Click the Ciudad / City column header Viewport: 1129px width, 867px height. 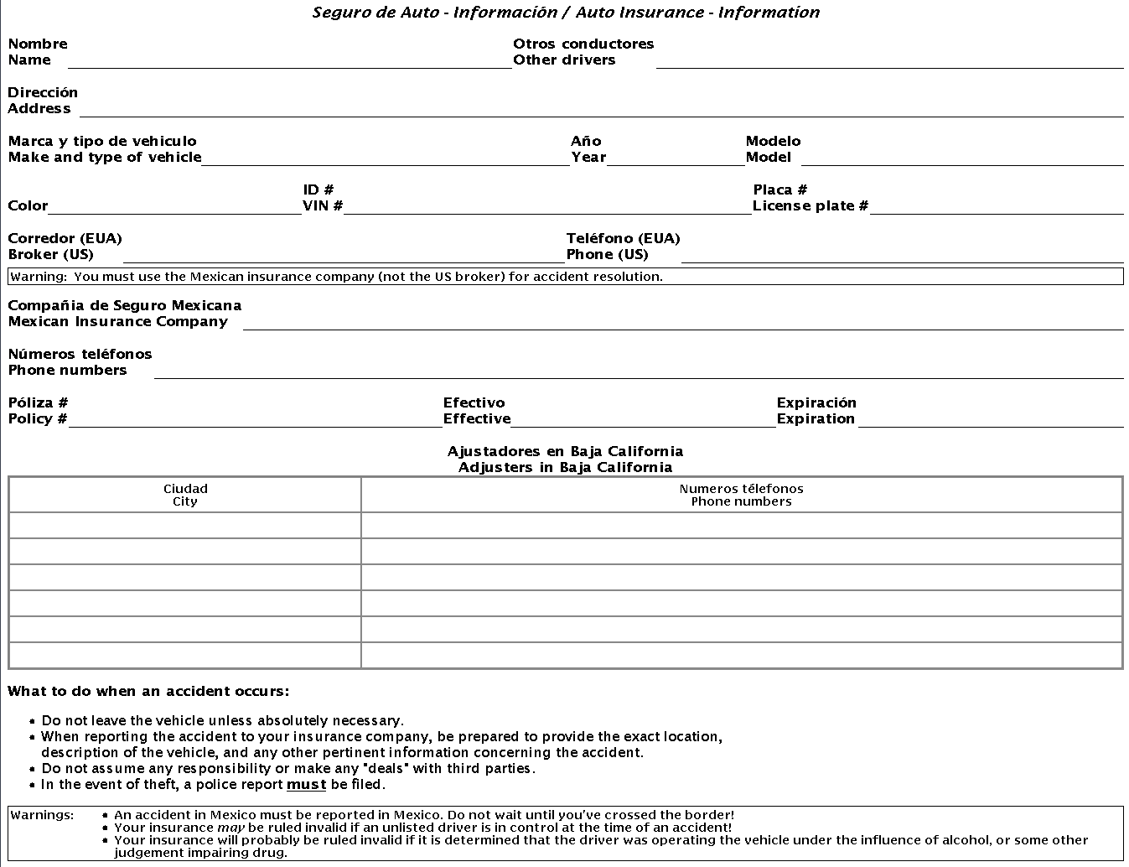click(185, 495)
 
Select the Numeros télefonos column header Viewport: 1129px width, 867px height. click(741, 495)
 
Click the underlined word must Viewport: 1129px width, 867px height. click(306, 785)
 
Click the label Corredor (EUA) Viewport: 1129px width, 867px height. click(65, 238)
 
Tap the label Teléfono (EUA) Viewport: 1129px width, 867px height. click(623, 238)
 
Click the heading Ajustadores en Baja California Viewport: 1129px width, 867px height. click(565, 451)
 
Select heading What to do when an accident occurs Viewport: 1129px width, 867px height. click(148, 692)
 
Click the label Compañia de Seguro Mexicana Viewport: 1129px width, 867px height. click(125, 305)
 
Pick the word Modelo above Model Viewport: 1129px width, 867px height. click(773, 141)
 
